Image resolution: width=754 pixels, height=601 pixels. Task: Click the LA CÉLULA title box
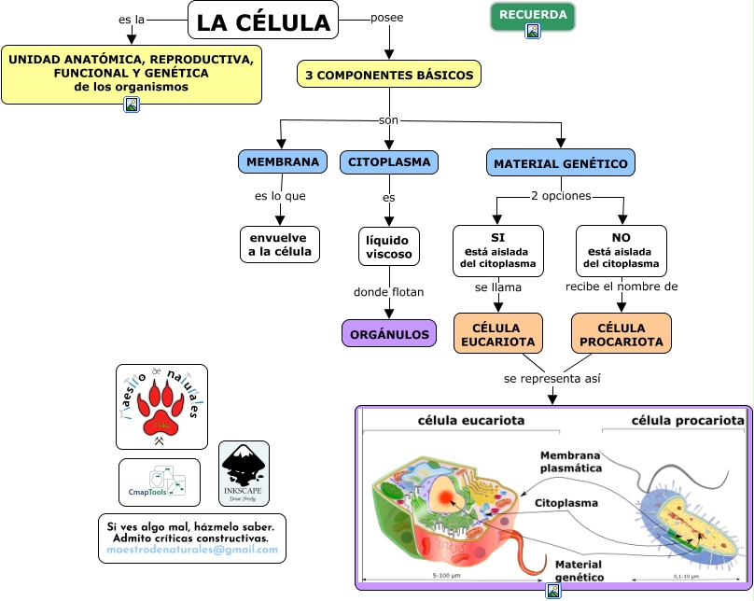263,21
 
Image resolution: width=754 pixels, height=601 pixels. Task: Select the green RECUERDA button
533,15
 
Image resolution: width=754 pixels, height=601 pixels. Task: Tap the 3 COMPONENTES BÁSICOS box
389,75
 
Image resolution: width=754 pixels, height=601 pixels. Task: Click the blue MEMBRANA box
283,161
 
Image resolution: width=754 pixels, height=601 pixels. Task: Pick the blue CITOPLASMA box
389,161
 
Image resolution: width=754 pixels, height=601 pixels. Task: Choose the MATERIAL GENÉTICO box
561,163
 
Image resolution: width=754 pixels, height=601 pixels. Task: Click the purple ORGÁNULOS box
389,333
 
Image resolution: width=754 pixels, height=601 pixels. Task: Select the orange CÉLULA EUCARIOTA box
498,334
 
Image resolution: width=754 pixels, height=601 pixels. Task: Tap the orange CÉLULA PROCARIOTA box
621,334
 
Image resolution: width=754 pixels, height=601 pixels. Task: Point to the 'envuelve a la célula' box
280,245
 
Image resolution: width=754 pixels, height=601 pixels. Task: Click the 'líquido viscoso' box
389,245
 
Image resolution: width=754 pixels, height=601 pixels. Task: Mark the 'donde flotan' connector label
389,292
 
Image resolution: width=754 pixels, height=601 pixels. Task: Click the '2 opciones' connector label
560,196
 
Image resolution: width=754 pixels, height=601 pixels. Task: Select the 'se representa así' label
552,379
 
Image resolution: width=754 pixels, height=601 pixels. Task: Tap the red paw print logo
161,407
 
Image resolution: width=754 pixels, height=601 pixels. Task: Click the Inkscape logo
244,473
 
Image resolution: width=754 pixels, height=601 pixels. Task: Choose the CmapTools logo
160,482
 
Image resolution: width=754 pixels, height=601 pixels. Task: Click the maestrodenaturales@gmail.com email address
192,551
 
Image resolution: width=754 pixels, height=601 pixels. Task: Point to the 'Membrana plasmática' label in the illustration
570,461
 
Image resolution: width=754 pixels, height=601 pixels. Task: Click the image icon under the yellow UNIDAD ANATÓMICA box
132,105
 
